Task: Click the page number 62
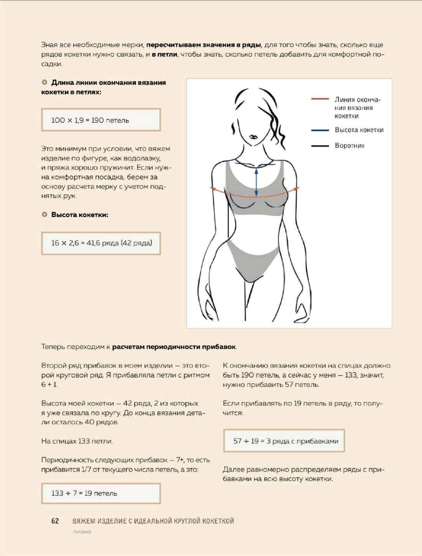pos(55,521)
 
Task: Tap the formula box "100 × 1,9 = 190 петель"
pos(101,120)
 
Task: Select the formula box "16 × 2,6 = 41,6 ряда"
pos(101,243)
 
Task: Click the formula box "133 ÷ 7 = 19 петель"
pos(101,493)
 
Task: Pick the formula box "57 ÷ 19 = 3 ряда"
pos(284,441)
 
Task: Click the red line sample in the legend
pos(320,99)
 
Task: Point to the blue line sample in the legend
pos(320,130)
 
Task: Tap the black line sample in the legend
pos(320,146)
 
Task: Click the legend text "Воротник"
pos(349,146)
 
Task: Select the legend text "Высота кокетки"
pos(359,130)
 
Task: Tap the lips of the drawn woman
pos(253,137)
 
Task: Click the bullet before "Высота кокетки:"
pos(45,214)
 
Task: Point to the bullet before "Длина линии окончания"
pos(45,82)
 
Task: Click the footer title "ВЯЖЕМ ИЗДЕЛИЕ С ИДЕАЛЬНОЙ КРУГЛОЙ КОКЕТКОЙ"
pos(153,521)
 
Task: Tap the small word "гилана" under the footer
pos(82,532)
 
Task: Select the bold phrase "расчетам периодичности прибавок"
pos(174,347)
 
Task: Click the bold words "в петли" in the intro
pos(165,54)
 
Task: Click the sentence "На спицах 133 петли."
pos(77,441)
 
